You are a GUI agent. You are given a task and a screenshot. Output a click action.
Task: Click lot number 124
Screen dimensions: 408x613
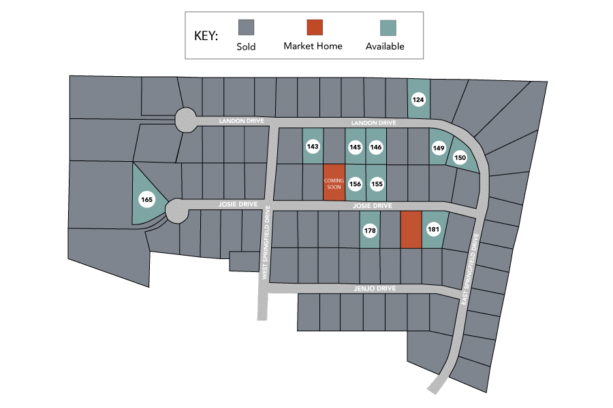418,100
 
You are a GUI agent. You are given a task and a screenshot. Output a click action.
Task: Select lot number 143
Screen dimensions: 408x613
313,146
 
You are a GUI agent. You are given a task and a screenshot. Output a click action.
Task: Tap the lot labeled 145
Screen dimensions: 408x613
355,146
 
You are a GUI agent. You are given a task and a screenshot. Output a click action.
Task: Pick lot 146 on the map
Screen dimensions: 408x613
376,146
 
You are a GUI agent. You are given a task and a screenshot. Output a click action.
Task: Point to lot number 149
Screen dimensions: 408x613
439,148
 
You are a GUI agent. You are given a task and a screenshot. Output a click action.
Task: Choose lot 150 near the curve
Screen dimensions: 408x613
460,158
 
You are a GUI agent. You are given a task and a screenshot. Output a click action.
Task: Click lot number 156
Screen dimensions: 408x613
355,184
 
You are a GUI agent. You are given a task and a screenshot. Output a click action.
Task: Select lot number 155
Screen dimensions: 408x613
377,184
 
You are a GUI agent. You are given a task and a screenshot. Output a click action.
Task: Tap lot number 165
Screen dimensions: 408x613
146,199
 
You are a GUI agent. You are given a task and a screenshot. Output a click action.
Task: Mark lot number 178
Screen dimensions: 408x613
370,231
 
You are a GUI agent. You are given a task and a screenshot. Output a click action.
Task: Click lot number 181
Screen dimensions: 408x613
433,230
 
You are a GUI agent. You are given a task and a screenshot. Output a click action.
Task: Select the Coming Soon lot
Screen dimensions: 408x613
334,183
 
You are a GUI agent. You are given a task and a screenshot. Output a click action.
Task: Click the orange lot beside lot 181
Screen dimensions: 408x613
410,230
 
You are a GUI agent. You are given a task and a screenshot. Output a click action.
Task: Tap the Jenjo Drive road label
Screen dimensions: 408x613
375,289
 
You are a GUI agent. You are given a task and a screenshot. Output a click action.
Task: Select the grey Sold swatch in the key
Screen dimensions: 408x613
246,27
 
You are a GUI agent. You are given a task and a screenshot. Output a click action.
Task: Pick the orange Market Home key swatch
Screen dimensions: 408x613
313,27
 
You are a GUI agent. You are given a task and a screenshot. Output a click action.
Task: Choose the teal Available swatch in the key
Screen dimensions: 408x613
388,27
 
